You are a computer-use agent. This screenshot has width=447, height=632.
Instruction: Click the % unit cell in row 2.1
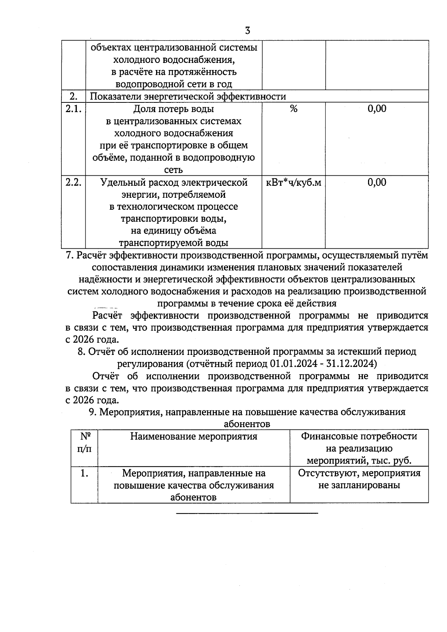point(294,109)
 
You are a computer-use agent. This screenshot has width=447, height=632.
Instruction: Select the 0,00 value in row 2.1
point(377,109)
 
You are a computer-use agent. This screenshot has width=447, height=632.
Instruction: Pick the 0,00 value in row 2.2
point(377,182)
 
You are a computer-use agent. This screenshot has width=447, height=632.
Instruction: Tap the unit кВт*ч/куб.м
point(294,182)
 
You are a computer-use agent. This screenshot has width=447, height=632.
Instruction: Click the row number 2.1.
point(73,109)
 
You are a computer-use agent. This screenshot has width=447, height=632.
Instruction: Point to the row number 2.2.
point(73,182)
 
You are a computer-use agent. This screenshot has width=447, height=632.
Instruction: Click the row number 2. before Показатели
point(73,96)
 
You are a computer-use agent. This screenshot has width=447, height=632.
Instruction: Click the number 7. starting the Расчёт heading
point(70,255)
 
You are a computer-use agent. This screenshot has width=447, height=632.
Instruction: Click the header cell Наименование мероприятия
point(194,436)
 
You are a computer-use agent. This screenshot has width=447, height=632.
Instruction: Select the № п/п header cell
point(84,442)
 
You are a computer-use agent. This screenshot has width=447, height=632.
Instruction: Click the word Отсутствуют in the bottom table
point(328,473)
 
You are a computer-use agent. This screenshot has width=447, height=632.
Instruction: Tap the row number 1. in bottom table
point(84,473)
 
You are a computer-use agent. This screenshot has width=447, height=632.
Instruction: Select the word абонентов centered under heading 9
point(247,424)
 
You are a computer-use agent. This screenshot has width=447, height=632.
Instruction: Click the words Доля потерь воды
point(174,109)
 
